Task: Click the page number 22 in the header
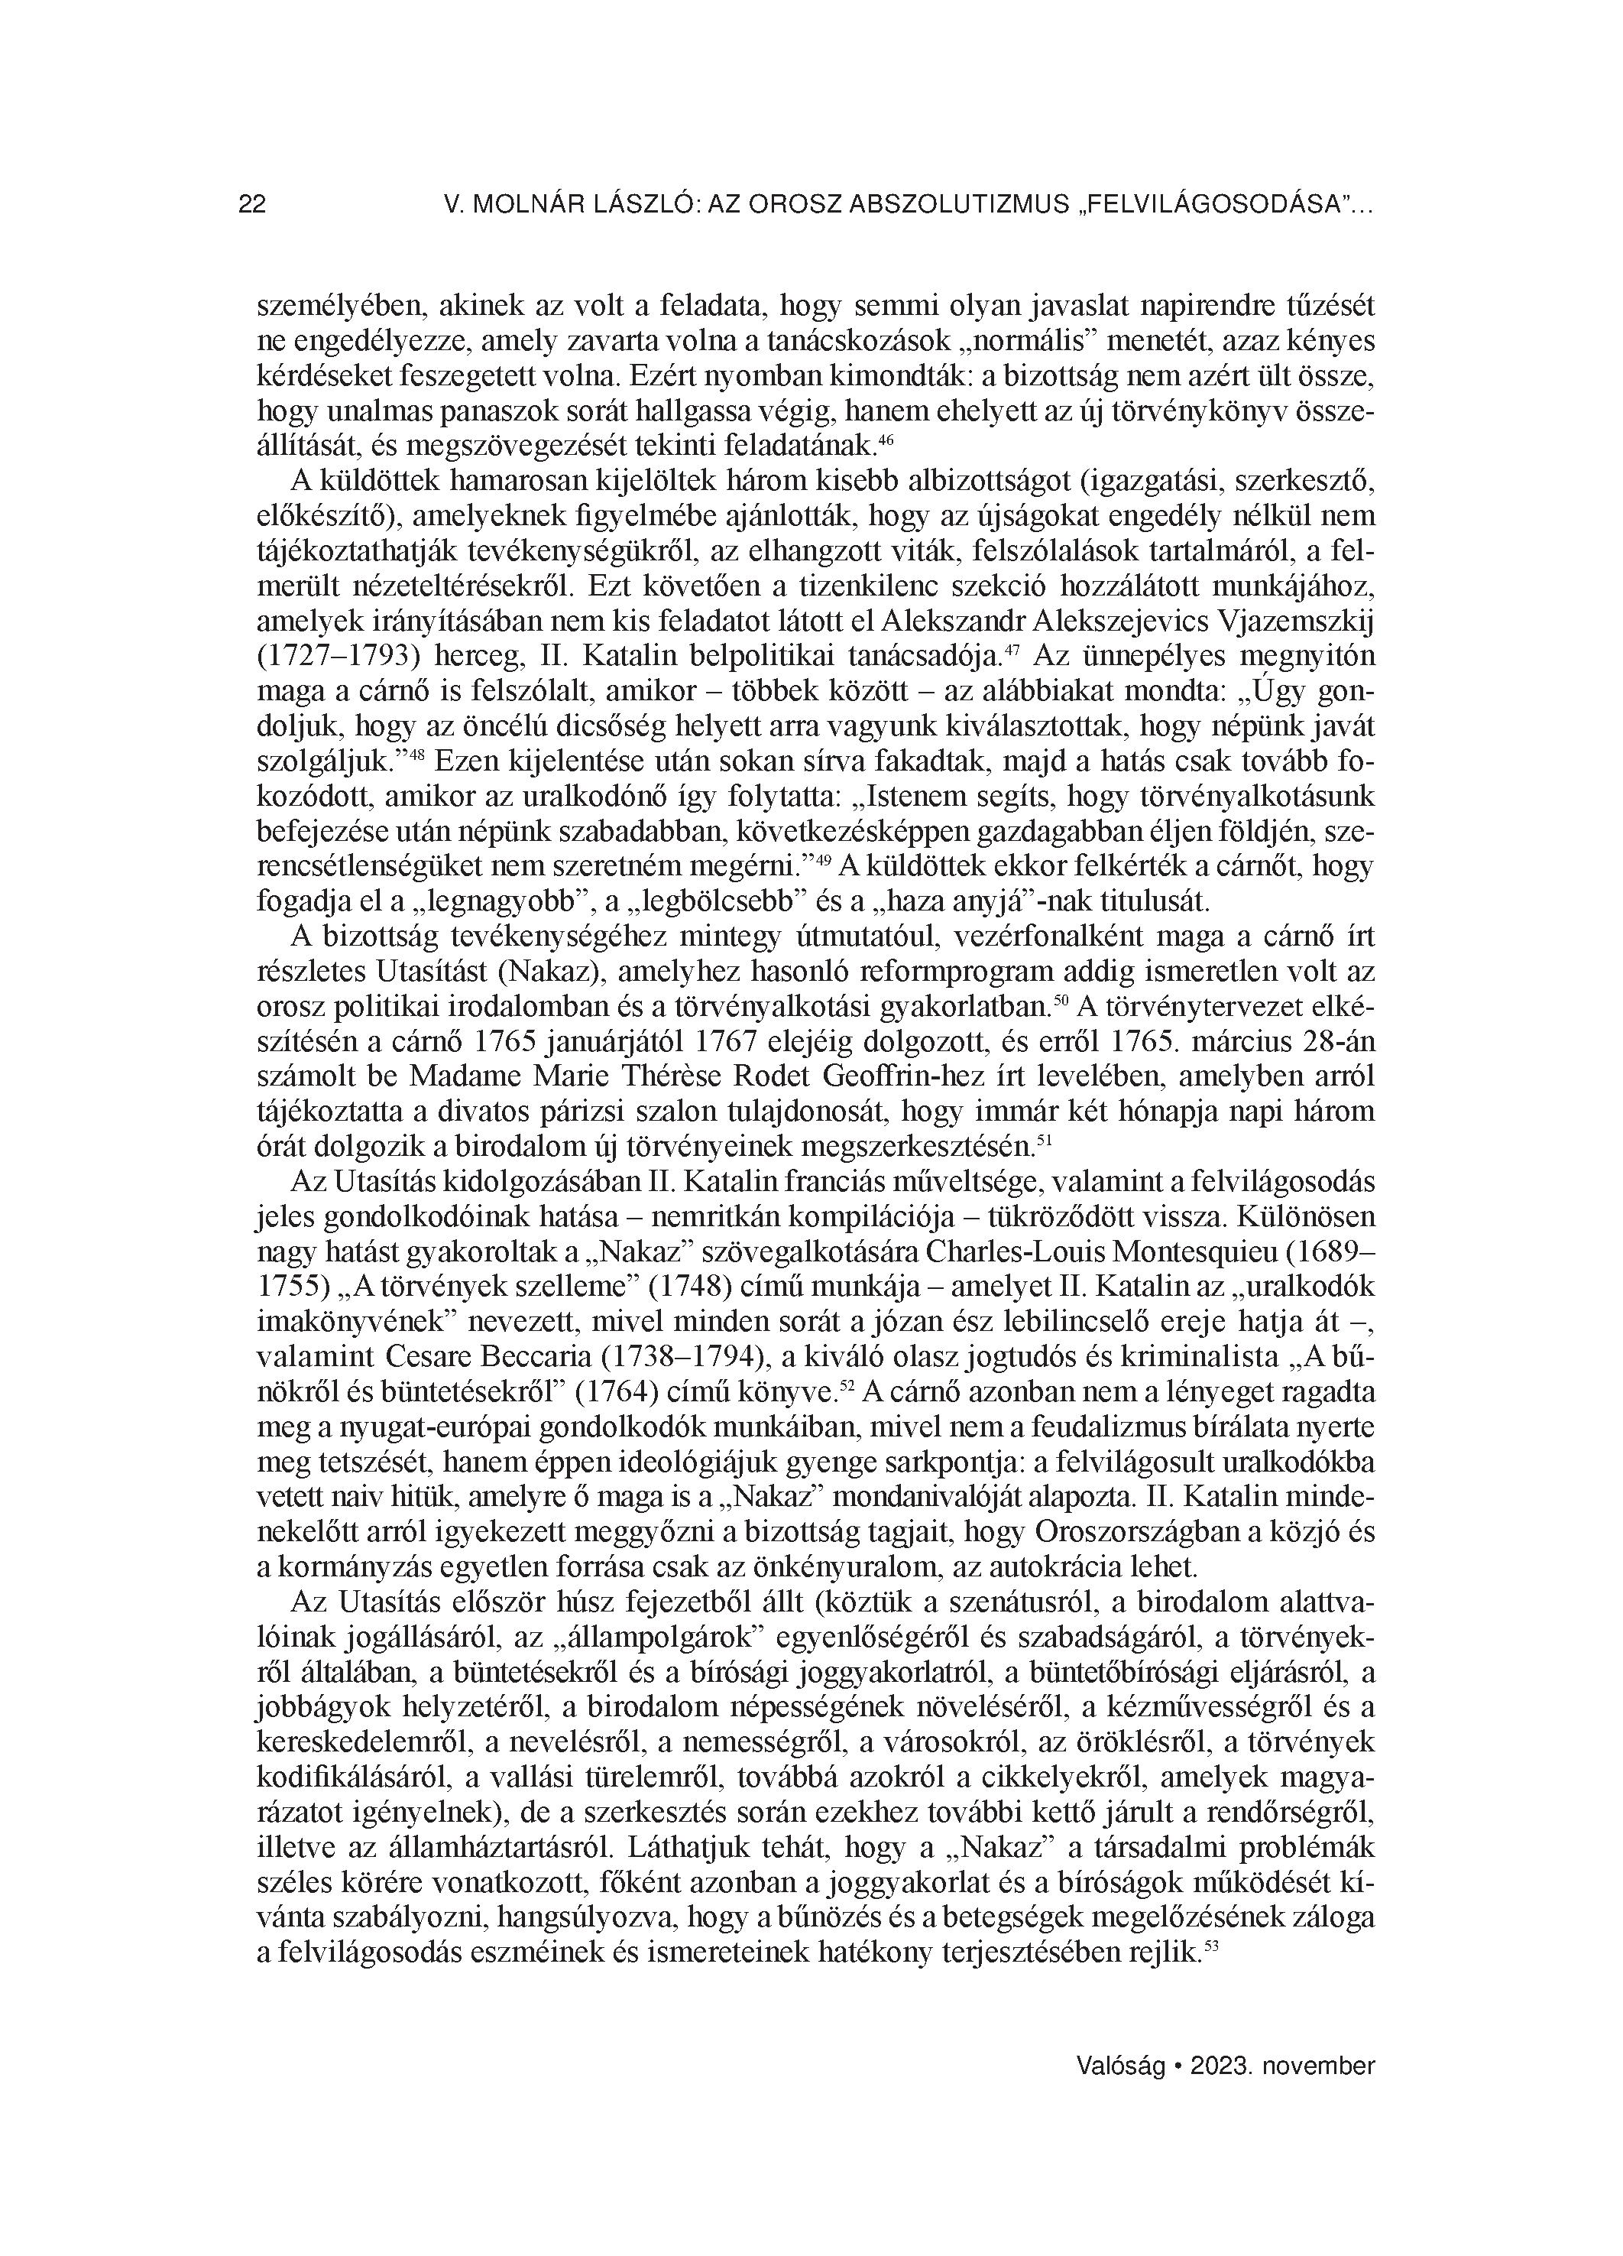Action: (x=251, y=205)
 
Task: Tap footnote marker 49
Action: (x=822, y=859)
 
